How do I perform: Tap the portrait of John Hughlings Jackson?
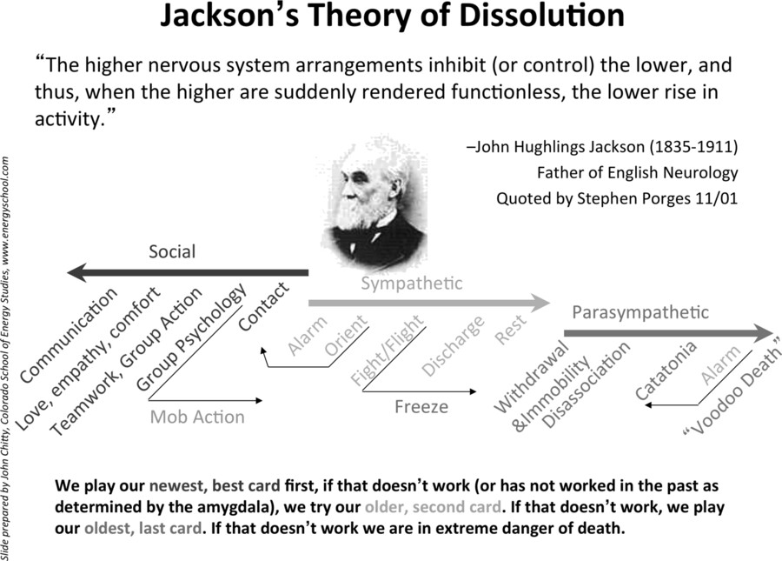click(x=373, y=204)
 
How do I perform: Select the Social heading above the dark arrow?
click(x=172, y=251)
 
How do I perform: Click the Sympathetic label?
click(x=412, y=284)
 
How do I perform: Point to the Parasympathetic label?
click(x=640, y=312)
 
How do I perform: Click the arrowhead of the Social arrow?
click(x=76, y=272)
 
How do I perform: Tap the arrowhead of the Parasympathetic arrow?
click(x=763, y=333)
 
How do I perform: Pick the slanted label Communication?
click(x=69, y=336)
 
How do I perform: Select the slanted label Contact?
click(x=263, y=306)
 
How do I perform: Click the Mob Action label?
click(x=197, y=417)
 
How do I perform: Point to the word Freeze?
click(x=421, y=407)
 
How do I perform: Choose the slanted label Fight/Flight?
click(x=387, y=351)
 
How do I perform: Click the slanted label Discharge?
click(x=453, y=346)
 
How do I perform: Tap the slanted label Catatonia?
click(x=666, y=371)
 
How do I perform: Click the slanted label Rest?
click(x=510, y=330)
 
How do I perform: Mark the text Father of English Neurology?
click(x=638, y=173)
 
